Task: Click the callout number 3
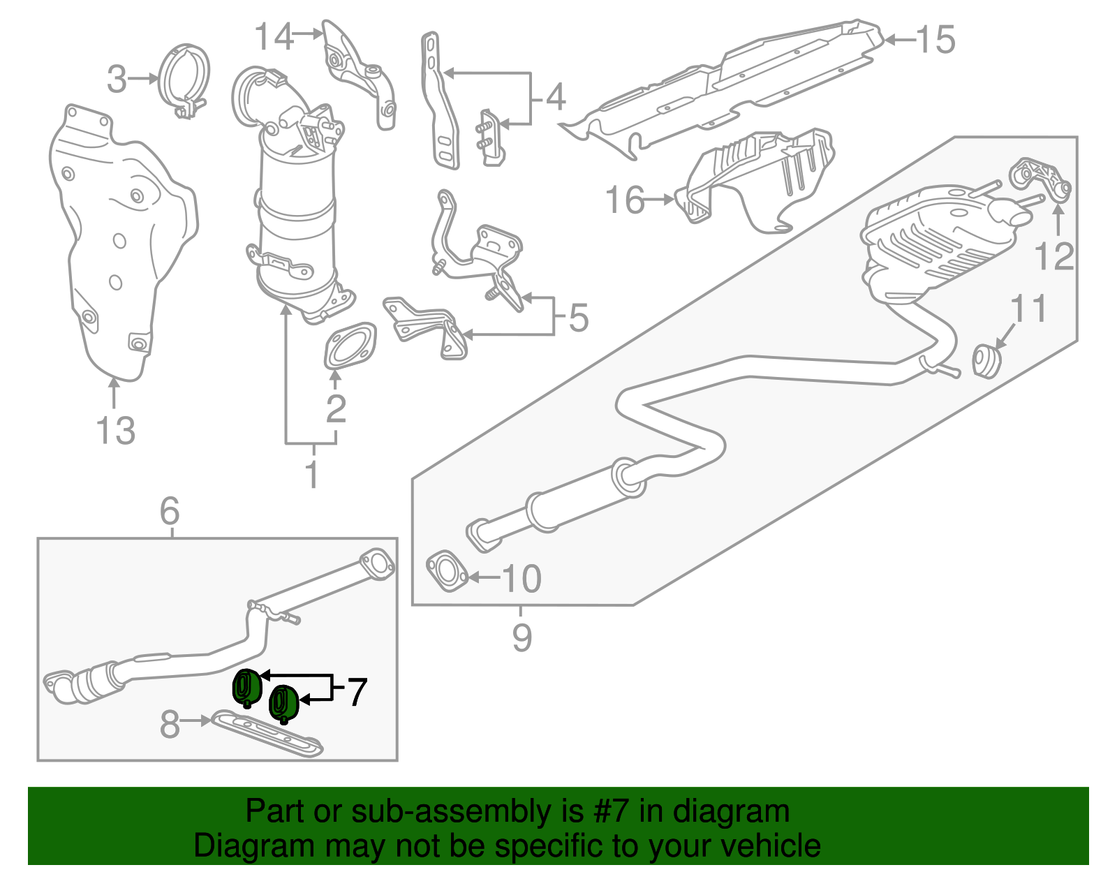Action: [117, 80]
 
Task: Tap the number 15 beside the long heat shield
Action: [935, 40]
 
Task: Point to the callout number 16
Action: [625, 200]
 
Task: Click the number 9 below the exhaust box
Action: [521, 637]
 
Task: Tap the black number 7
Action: [356, 692]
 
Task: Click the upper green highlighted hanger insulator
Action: [246, 686]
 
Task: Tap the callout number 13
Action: [115, 430]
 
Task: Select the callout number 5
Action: [579, 318]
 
